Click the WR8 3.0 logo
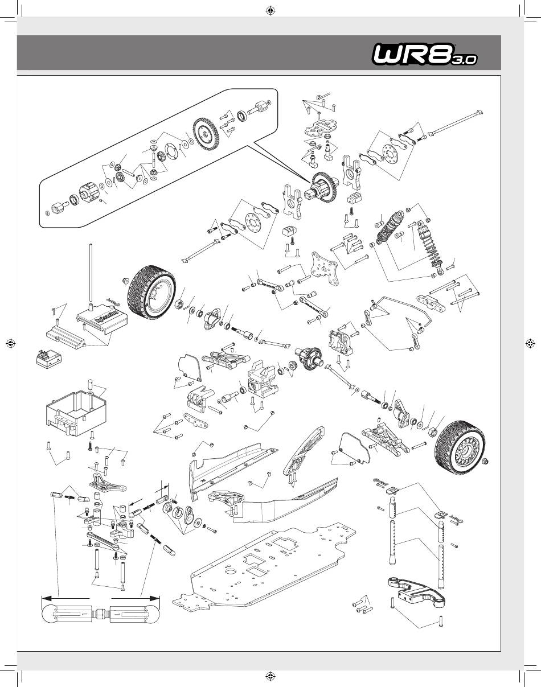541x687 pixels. pos(425,55)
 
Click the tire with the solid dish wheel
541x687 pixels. pos(151,293)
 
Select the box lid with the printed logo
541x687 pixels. pos(102,318)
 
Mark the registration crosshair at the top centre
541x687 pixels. pos(270,11)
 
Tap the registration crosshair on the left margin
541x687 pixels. pos(11,344)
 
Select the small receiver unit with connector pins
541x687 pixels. pos(48,359)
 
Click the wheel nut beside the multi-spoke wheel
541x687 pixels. pos(485,461)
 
